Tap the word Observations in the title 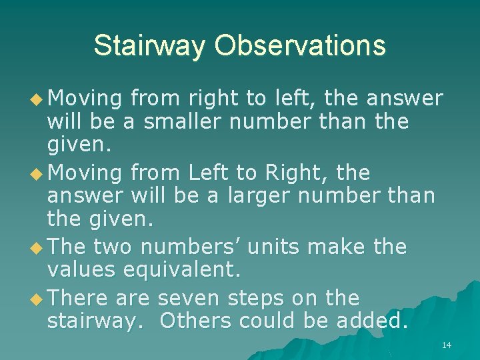coord(300,46)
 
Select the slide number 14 coord(447,345)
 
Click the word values coord(85,271)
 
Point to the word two coord(112,247)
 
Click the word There coord(79,297)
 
